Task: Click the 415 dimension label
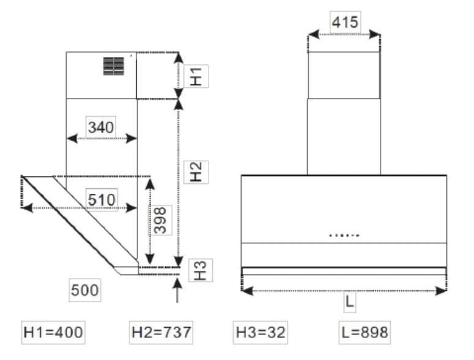pyautogui.click(x=345, y=22)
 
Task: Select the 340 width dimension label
pyautogui.click(x=101, y=127)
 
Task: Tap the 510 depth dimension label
pyautogui.click(x=102, y=200)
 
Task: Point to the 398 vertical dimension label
pyautogui.click(x=160, y=220)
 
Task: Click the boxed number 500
pyautogui.click(x=85, y=290)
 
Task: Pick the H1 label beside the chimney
pyautogui.click(x=196, y=76)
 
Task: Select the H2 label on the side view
pyautogui.click(x=196, y=172)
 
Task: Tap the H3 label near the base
pyautogui.click(x=201, y=270)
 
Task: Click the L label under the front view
pyautogui.click(x=350, y=301)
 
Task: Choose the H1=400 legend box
pyautogui.click(x=53, y=332)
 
